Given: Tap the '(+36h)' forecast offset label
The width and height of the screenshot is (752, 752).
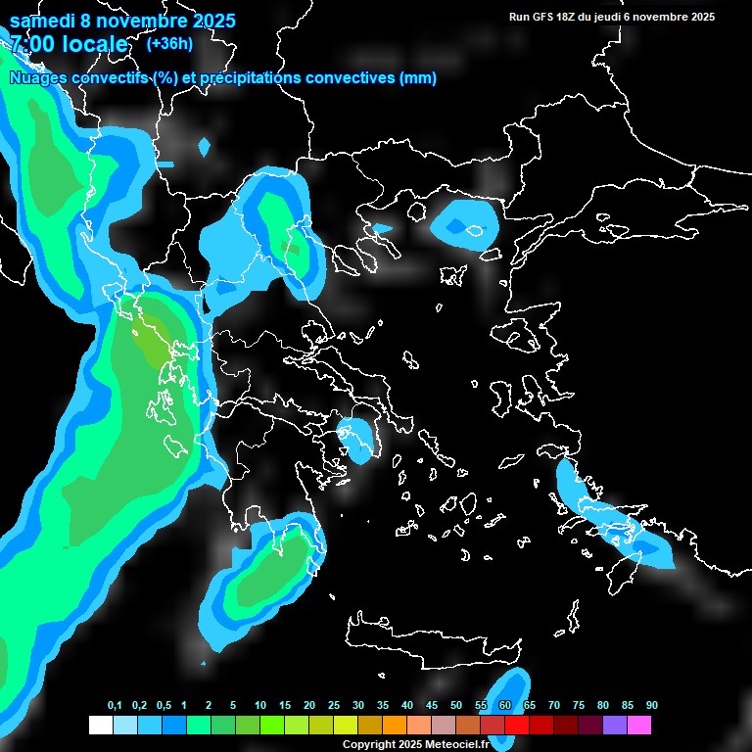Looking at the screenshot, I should coord(169,43).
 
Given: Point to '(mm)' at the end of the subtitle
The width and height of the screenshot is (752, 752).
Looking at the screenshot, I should coord(418,78).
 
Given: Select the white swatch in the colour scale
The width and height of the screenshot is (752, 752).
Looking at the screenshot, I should coord(100,726).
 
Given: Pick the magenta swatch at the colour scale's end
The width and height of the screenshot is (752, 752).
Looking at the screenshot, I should coord(639,726).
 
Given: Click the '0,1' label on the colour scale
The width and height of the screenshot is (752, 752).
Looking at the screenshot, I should coord(115,706).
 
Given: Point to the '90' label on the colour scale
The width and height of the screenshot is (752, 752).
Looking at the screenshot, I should coord(651,706).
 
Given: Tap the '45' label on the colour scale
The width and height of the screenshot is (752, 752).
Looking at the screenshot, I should coord(432,706).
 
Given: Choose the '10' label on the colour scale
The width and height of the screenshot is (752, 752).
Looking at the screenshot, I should coord(260,706).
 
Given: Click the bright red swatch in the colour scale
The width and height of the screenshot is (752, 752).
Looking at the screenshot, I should coord(517,726).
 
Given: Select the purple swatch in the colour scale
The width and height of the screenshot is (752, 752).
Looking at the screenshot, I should coord(615,726).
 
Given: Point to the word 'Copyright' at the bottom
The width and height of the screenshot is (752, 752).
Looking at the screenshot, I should coord(367,745).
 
